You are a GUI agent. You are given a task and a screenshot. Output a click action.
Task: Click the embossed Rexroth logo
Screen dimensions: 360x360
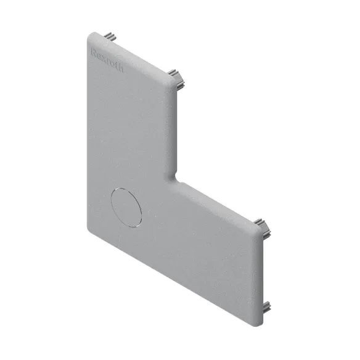pyautogui.click(x=107, y=60)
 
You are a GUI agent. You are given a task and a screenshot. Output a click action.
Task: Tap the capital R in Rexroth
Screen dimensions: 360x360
pyautogui.click(x=94, y=52)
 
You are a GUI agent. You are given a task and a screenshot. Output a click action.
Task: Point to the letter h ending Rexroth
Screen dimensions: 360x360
pyautogui.click(x=121, y=68)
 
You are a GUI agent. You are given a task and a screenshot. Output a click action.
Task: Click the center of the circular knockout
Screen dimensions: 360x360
pyautogui.click(x=126, y=208)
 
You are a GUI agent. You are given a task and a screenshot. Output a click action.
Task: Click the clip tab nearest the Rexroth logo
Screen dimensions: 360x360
pyautogui.click(x=110, y=36)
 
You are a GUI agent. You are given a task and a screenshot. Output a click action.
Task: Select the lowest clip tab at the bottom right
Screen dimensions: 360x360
pyautogui.click(x=267, y=307)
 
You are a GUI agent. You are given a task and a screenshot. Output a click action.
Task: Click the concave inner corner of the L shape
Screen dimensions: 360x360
pyautogui.click(x=176, y=178)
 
